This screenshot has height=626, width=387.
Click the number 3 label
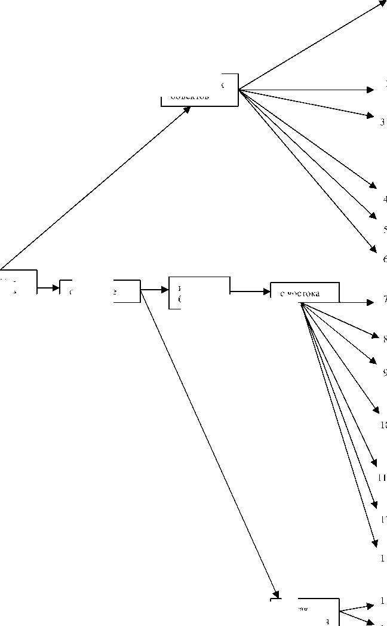383,122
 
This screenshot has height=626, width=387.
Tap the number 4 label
385,200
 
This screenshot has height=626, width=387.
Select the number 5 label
385,229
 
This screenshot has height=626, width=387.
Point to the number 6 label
385,259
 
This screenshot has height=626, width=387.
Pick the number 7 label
385,299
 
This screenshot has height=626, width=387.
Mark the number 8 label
385,339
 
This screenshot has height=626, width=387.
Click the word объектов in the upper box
189,96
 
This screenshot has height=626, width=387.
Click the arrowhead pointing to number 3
371,115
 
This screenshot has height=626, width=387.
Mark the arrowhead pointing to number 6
373,248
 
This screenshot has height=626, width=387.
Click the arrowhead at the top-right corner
383,3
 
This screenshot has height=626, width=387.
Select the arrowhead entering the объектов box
187,110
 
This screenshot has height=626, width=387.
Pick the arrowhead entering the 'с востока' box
266,292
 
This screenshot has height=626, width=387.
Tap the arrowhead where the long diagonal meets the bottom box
275,594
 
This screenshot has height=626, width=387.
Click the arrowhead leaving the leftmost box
56,288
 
